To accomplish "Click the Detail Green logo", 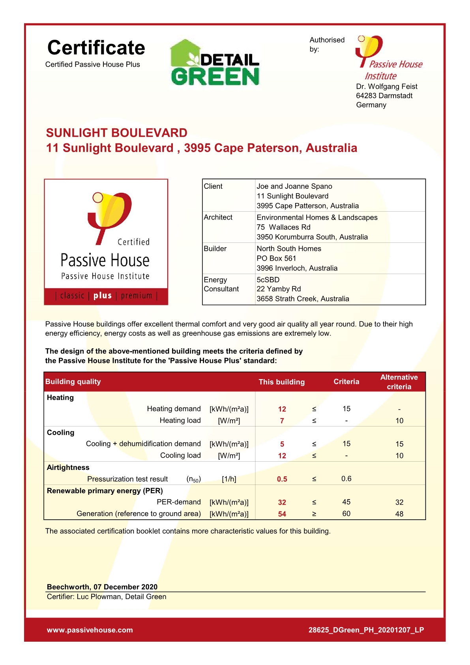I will click(215, 63).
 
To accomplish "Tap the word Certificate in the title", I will click(96, 48).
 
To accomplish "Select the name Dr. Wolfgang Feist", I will click(386, 86).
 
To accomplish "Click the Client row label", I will click(213, 186).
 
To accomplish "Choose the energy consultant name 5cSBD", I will click(268, 280).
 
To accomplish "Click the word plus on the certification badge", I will click(103, 295).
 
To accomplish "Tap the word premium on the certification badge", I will click(137, 295).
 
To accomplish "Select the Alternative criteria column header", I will click(399, 382).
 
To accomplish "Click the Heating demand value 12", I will click(282, 409).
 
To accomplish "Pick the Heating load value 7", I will click(282, 421).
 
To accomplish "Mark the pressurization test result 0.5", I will click(282, 479).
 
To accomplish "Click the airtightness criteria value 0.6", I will click(346, 479).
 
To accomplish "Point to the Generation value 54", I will click(282, 514).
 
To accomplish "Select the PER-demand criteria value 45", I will click(346, 502).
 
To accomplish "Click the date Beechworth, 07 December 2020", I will click(102, 587).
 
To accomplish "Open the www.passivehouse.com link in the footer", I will click(90, 630).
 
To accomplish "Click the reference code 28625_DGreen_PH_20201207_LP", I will click(366, 630).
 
